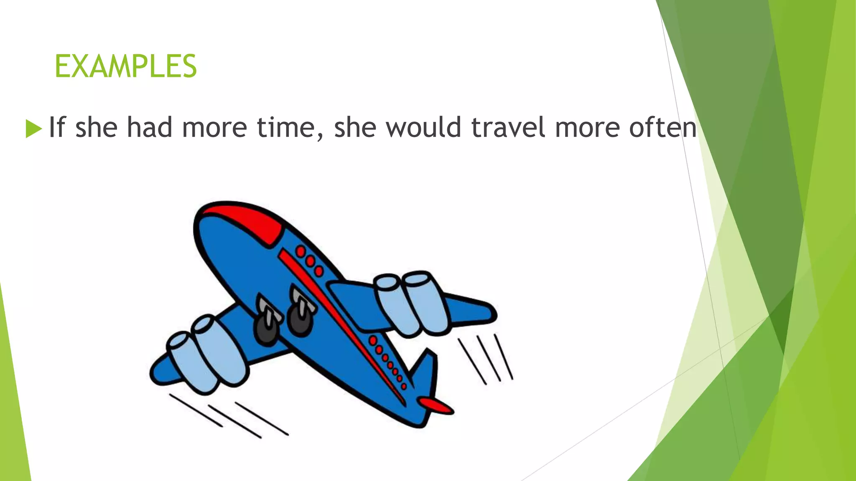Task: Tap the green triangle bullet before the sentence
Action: (33, 128)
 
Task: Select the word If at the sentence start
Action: (57, 127)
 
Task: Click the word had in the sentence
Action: (149, 127)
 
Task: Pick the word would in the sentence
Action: (423, 127)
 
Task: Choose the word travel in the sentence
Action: (508, 127)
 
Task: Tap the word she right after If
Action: (96, 127)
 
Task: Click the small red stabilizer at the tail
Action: (436, 405)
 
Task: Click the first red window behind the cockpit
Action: (301, 251)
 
